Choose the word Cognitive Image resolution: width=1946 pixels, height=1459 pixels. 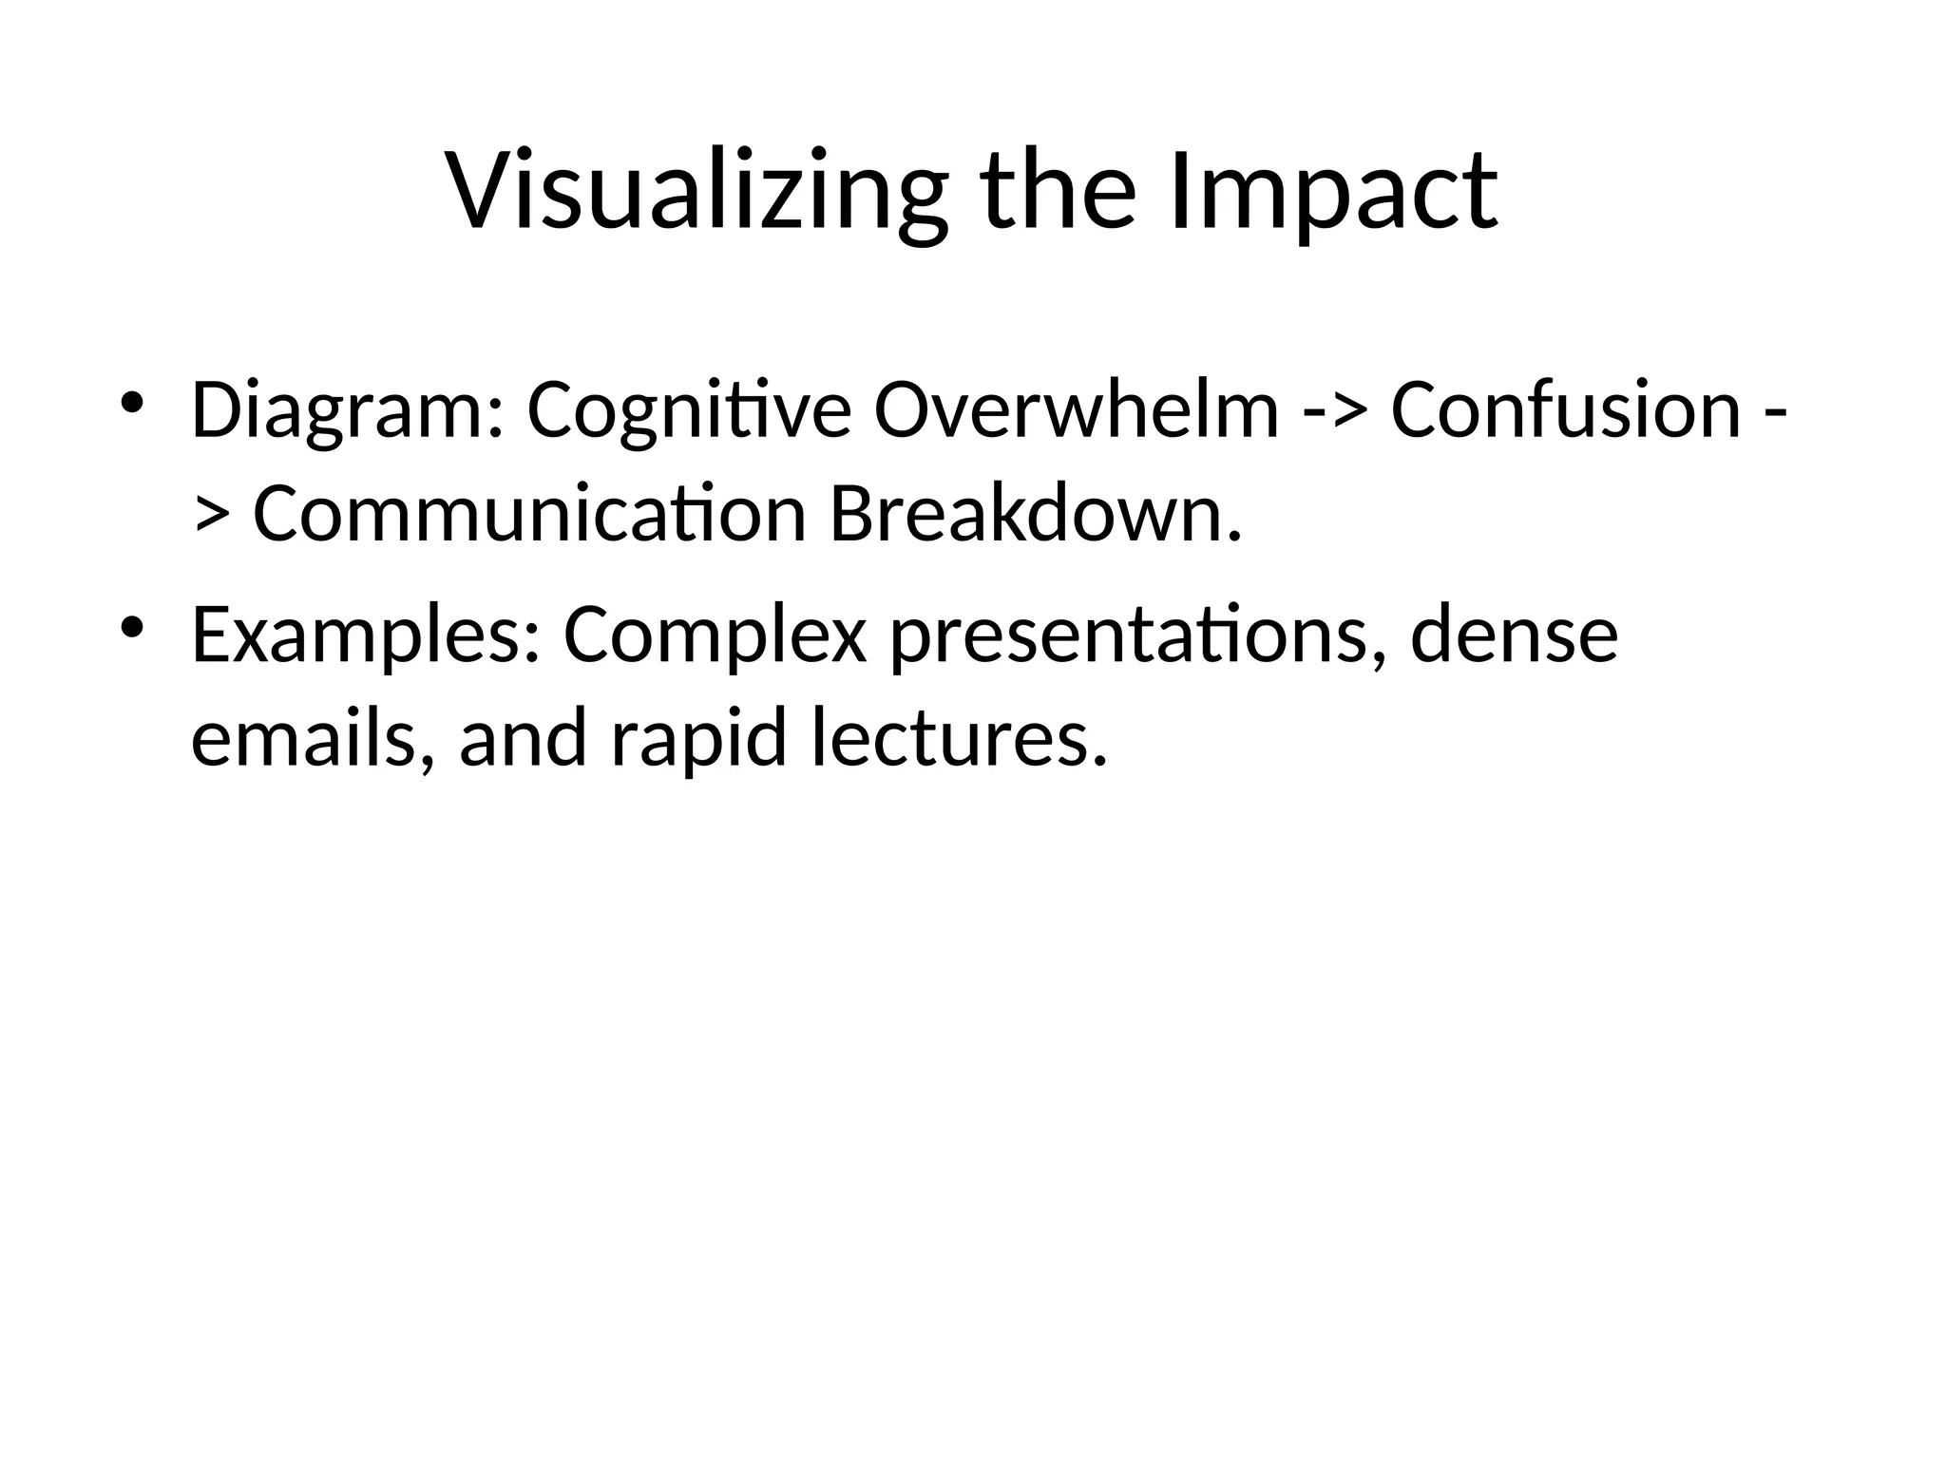click(x=689, y=411)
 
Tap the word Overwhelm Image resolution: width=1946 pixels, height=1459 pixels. click(x=1076, y=411)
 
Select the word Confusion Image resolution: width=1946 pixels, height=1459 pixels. click(x=1565, y=411)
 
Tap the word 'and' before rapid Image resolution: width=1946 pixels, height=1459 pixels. click(x=523, y=740)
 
